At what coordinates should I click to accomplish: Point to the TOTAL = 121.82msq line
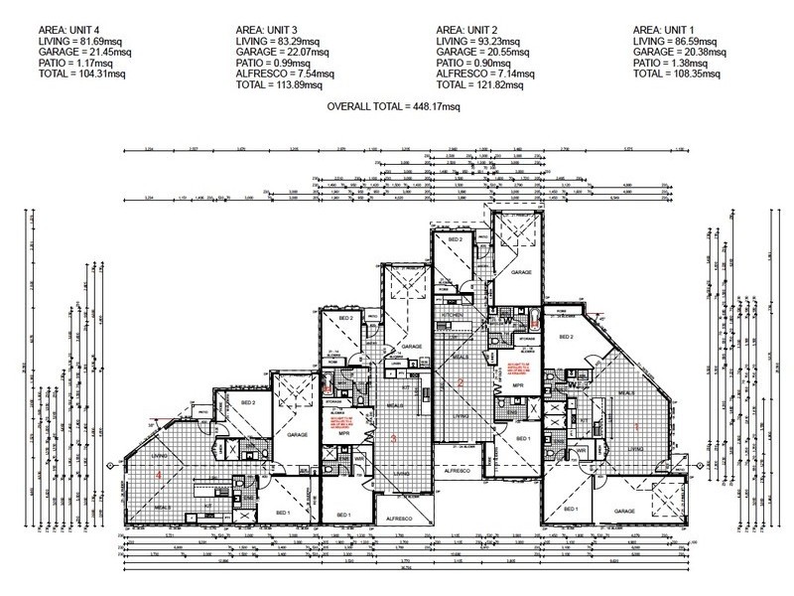click(x=480, y=84)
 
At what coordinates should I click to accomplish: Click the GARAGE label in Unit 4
click(x=297, y=434)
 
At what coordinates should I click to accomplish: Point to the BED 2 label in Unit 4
click(x=249, y=402)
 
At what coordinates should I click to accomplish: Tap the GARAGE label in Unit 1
click(x=624, y=511)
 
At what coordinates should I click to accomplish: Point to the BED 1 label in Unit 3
click(x=343, y=514)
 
